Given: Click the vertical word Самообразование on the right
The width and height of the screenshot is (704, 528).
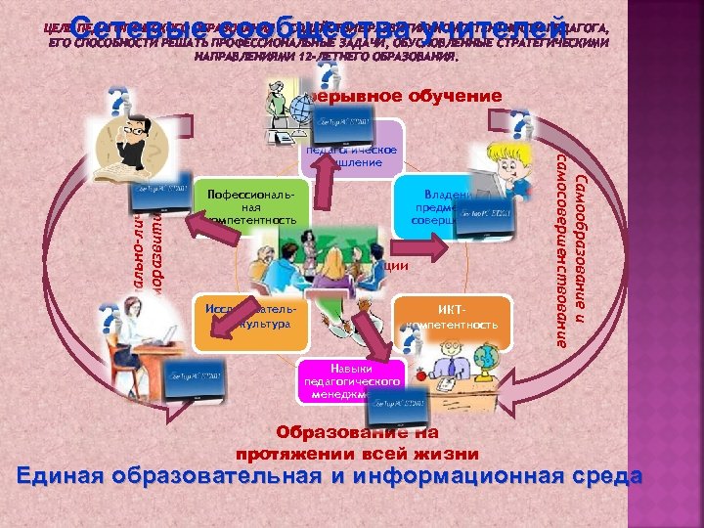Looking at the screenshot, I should point(582,244).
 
